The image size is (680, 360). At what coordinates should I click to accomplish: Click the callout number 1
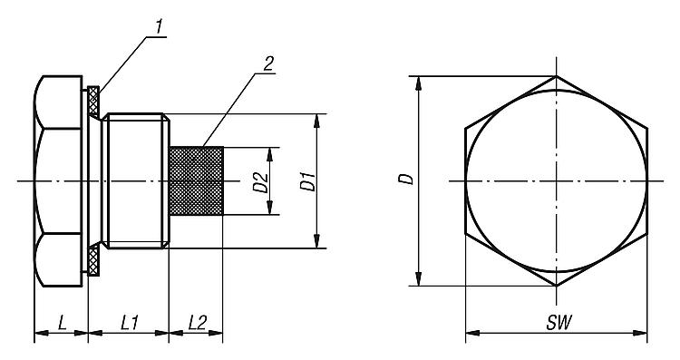[x=160, y=27]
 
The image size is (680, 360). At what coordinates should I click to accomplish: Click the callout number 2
[x=268, y=63]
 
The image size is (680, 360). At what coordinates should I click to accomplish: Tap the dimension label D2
[x=260, y=182]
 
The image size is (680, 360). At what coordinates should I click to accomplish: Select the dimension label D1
[x=307, y=181]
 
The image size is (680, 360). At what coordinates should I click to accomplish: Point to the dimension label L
[x=63, y=323]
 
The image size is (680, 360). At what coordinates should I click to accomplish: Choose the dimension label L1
[x=130, y=323]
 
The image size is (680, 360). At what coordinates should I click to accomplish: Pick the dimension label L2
[x=198, y=323]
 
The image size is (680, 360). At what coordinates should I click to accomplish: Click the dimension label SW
[x=559, y=323]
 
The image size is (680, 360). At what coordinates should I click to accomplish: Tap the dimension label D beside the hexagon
[x=406, y=180]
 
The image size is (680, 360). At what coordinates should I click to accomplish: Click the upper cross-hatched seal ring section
[x=93, y=102]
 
